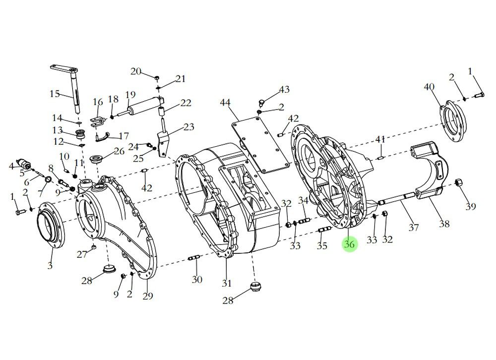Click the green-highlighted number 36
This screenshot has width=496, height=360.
click(x=349, y=244)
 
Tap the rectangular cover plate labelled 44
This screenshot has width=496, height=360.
click(x=263, y=144)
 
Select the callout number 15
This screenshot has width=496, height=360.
click(x=55, y=93)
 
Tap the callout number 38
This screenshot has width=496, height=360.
click(x=444, y=223)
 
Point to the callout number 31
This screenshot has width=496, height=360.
click(x=227, y=283)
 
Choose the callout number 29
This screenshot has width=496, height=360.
click(x=147, y=296)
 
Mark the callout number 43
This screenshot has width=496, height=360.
click(x=284, y=90)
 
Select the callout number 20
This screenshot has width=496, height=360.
click(x=136, y=71)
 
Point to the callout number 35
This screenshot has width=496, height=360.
click(x=322, y=245)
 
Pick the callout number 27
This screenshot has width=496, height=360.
click(x=81, y=254)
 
